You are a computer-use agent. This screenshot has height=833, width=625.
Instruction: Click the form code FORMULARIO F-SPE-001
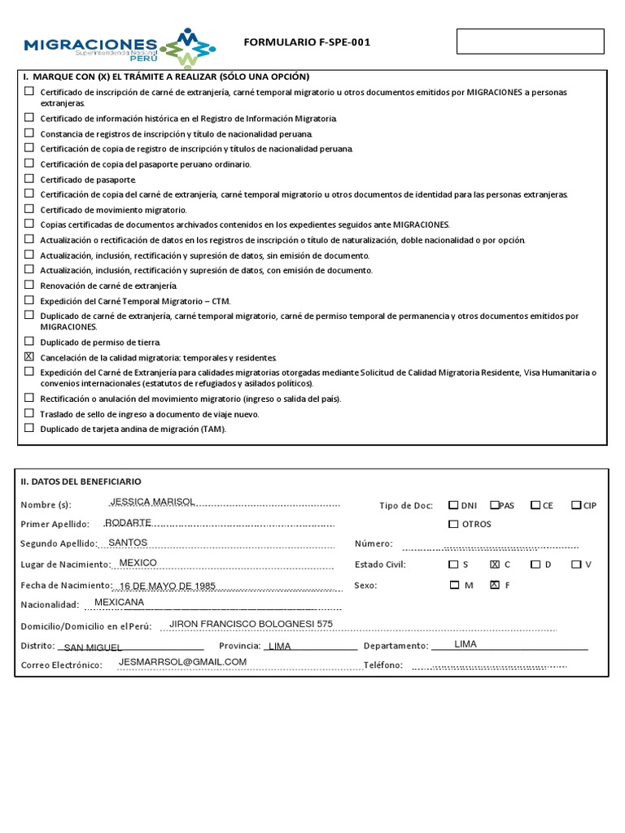[x=307, y=42]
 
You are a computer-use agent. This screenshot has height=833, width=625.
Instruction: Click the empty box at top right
[x=530, y=41]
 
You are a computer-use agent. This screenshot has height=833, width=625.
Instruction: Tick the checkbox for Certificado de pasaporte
[x=29, y=178]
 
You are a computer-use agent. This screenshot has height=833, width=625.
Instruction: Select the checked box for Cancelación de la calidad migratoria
[x=29, y=356]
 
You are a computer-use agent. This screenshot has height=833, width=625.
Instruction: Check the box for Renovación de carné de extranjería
[x=29, y=285]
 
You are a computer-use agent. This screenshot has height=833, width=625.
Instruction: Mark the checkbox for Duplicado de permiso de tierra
[x=29, y=341]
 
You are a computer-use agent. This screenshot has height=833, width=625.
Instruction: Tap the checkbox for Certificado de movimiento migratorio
[x=29, y=208]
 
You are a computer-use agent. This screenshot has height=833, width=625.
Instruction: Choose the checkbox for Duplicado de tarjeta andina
[x=29, y=428]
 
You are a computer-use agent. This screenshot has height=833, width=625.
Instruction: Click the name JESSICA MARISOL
[x=152, y=502]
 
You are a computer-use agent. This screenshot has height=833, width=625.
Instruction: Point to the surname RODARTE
[x=129, y=522]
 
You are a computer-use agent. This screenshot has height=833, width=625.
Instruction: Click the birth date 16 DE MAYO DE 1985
[x=167, y=586]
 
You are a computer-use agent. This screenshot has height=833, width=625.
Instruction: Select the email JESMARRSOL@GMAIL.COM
[x=182, y=662]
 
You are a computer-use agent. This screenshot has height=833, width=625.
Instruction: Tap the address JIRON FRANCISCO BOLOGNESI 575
[x=251, y=624]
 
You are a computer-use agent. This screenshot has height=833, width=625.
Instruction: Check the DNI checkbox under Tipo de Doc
[x=453, y=505]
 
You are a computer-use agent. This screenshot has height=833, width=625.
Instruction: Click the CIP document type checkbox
[x=575, y=505]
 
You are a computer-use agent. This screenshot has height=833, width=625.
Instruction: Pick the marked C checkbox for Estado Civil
[x=495, y=564]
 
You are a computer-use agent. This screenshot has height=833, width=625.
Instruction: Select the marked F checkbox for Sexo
[x=495, y=585]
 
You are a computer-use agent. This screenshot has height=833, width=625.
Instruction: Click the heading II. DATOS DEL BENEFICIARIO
[x=81, y=482]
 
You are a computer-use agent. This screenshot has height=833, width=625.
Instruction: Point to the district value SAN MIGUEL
[x=93, y=648]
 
